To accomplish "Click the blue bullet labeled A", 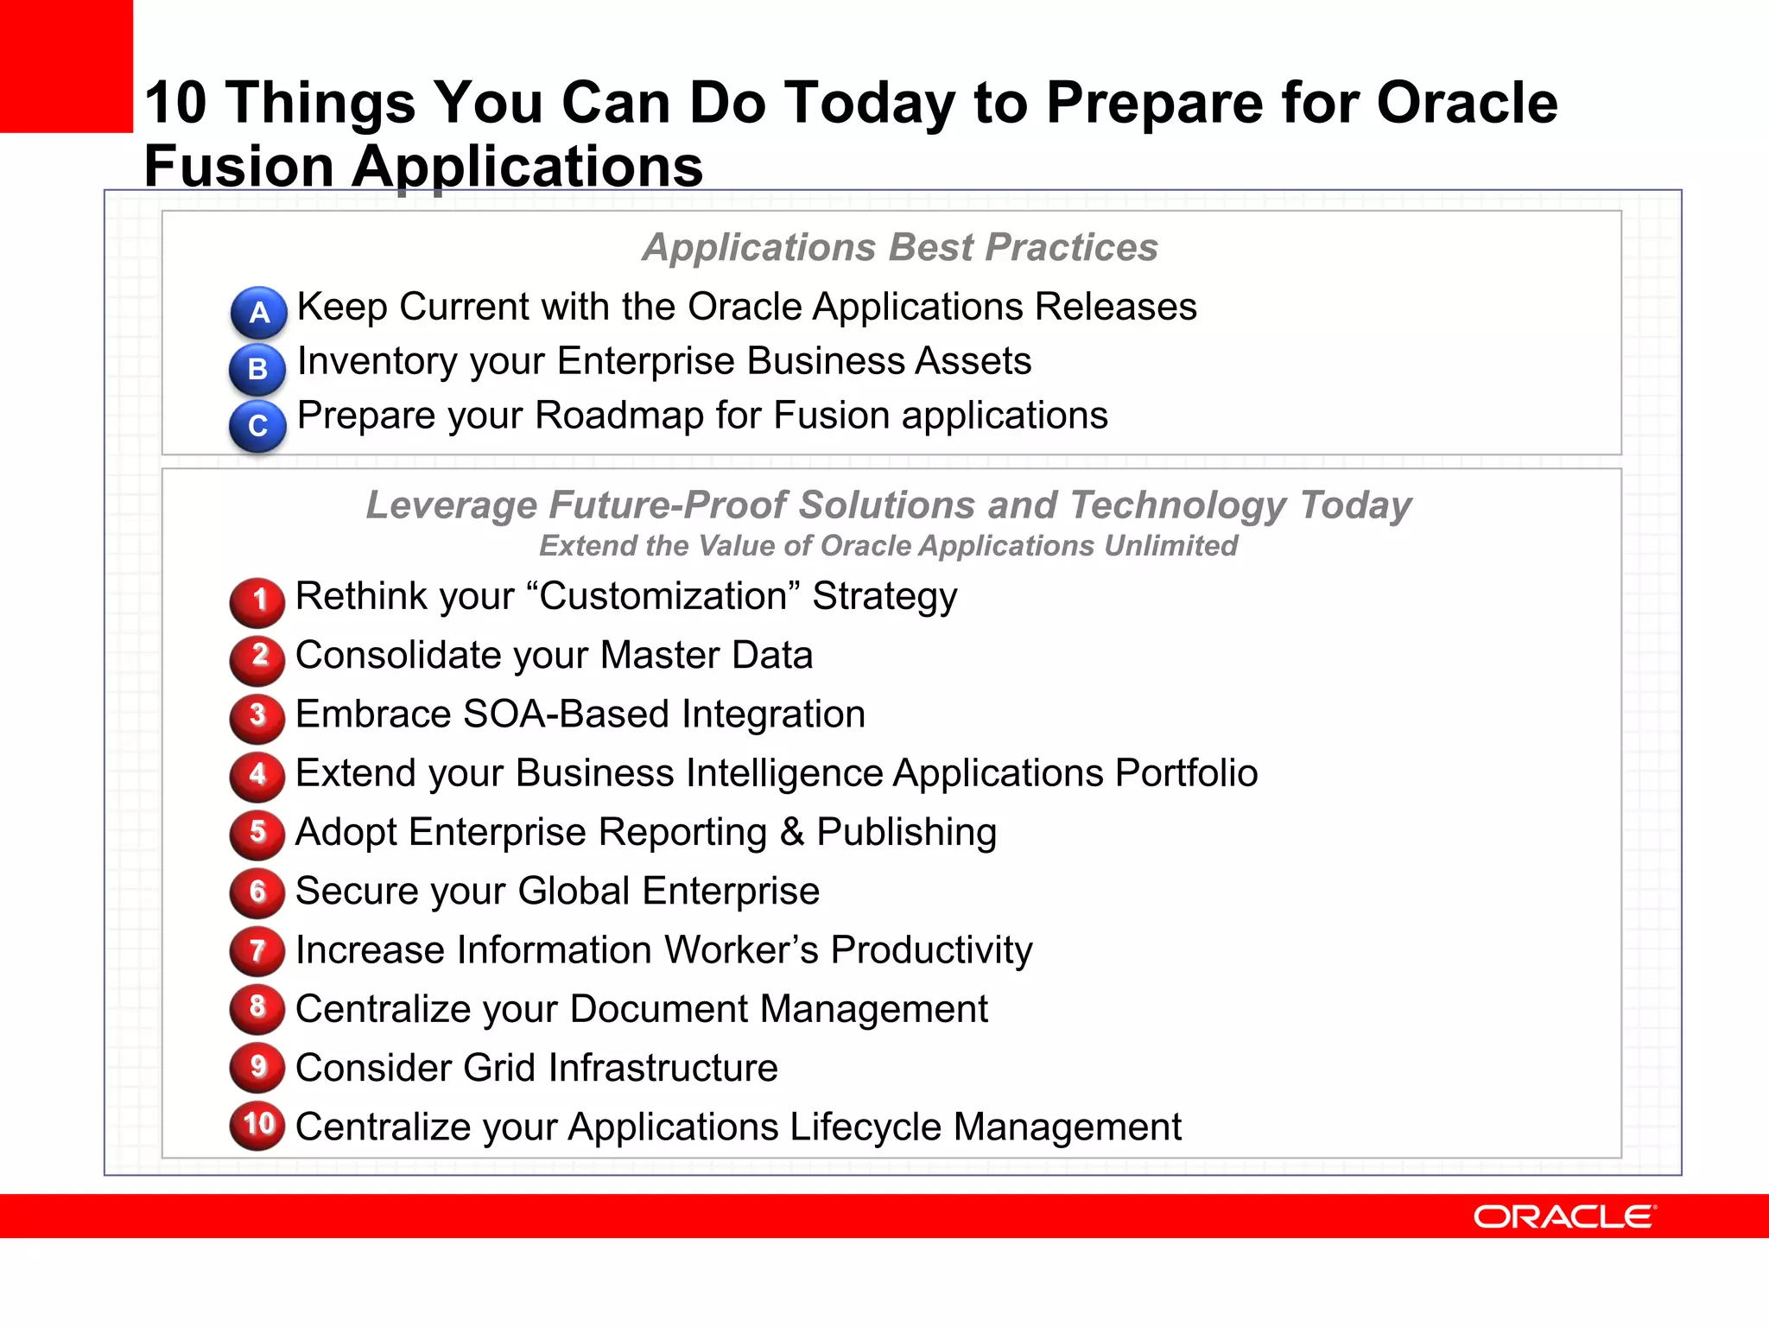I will click(x=258, y=312).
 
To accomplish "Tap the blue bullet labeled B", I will click(x=257, y=369).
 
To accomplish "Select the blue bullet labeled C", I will click(x=257, y=425).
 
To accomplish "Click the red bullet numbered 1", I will click(x=257, y=600).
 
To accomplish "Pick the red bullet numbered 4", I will click(x=257, y=775).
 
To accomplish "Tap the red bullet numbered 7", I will click(x=257, y=950).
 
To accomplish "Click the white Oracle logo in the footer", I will click(x=1564, y=1216).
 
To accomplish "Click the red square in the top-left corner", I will click(x=66, y=66).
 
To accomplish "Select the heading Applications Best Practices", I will click(x=899, y=247).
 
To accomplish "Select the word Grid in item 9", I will click(x=499, y=1068).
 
